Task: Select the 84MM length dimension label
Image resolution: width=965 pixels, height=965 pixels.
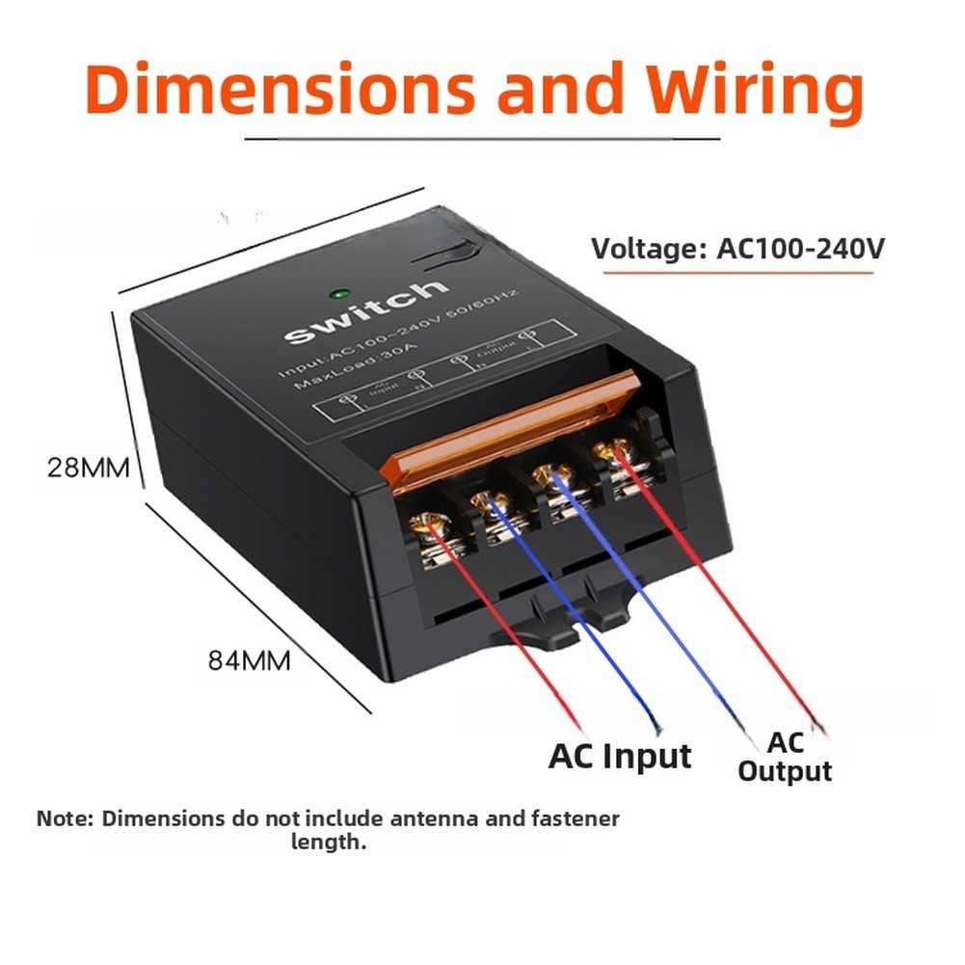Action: (250, 661)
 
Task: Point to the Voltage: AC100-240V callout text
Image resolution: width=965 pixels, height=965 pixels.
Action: (737, 249)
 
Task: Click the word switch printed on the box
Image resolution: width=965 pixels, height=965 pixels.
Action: (367, 312)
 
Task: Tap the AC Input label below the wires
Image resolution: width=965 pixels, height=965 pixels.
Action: (620, 757)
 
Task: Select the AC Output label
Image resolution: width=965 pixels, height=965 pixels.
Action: (784, 757)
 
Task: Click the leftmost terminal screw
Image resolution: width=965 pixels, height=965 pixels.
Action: (426, 524)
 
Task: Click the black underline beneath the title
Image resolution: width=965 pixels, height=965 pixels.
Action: (483, 139)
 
